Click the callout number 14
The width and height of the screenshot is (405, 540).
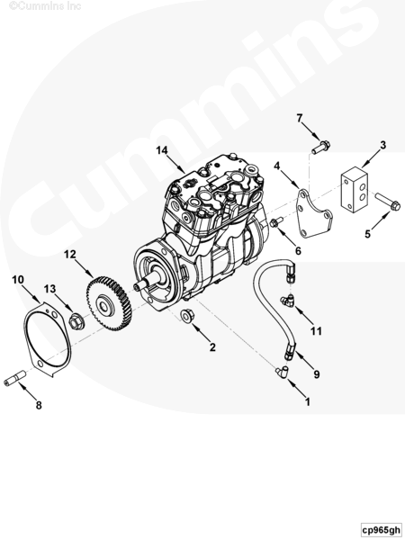click(x=161, y=150)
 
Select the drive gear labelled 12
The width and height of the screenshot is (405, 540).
click(x=109, y=303)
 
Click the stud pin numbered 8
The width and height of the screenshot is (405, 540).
click(x=15, y=378)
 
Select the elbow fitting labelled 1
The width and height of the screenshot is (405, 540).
click(x=282, y=372)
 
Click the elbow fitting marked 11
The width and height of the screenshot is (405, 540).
click(x=288, y=301)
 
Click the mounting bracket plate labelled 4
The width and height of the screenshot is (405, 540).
click(x=314, y=214)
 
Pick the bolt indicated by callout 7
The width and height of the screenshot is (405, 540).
click(x=320, y=148)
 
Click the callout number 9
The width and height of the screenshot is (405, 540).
click(x=316, y=374)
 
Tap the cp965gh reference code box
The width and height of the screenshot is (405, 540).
click(x=382, y=529)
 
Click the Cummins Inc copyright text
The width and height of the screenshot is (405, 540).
click(x=45, y=5)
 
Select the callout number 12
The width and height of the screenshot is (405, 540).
click(x=69, y=255)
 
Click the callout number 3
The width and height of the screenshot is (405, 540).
click(x=383, y=145)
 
